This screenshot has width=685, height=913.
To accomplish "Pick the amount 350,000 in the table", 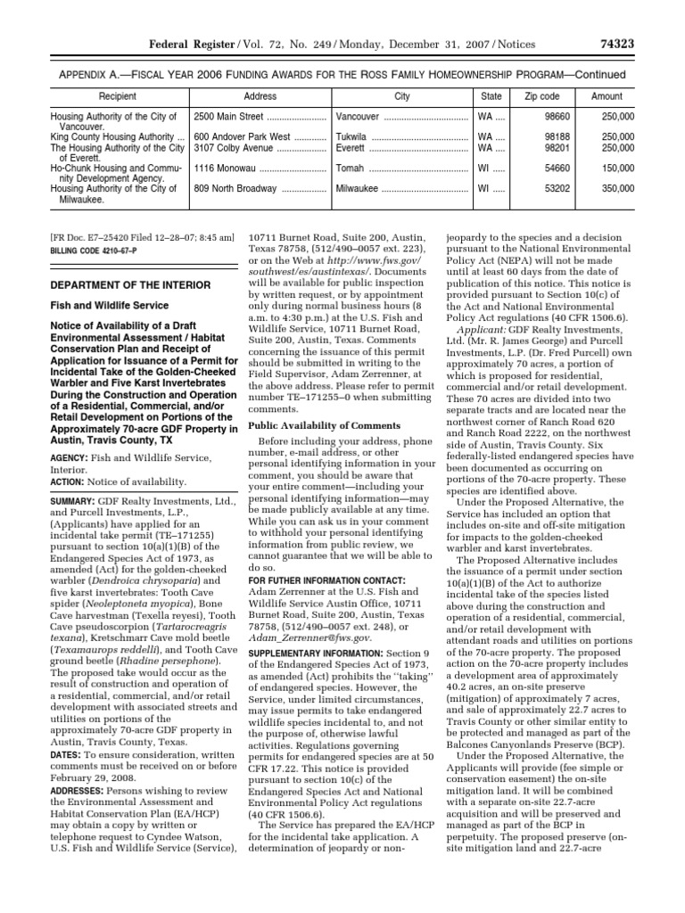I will click(x=617, y=189).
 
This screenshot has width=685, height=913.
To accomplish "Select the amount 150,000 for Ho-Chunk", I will click(x=617, y=167).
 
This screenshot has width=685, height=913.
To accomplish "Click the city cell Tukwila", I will click(x=354, y=136).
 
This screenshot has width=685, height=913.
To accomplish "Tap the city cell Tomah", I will click(x=351, y=167).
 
